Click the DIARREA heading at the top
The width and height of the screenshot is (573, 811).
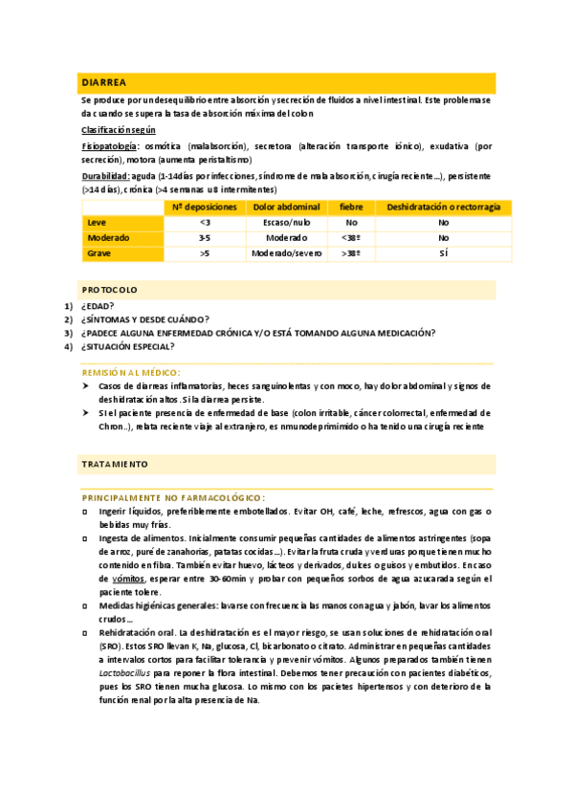point(105,83)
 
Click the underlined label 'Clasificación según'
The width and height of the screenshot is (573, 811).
point(119,129)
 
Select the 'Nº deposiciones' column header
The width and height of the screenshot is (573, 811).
point(205,207)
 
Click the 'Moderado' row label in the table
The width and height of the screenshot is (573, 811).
point(108,237)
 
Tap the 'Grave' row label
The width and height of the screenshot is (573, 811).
point(99,253)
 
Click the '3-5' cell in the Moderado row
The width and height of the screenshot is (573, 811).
point(205,237)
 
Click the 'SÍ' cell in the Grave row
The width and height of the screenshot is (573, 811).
point(443,253)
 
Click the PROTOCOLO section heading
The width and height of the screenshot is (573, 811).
point(110,289)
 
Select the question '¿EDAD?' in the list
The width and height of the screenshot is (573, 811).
point(98,306)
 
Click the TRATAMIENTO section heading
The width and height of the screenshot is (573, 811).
point(115,464)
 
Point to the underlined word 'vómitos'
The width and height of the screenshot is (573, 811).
point(127,580)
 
